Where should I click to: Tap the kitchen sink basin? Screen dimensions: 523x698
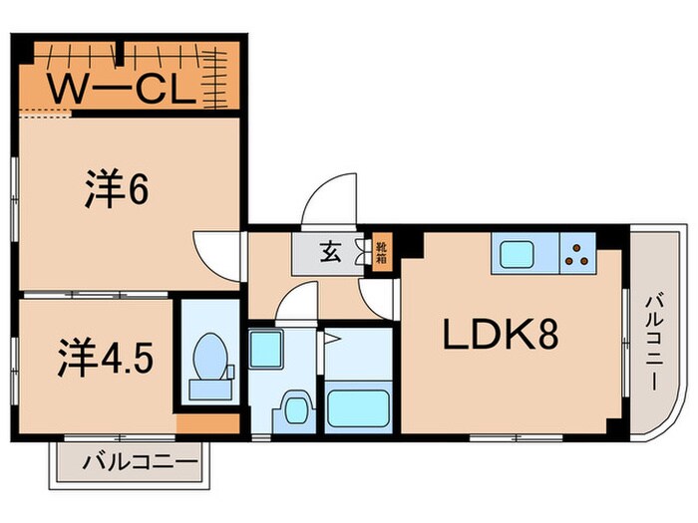(x=518, y=254)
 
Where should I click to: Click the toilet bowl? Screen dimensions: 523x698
(x=209, y=359)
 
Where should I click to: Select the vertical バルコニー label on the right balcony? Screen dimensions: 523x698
(x=656, y=339)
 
